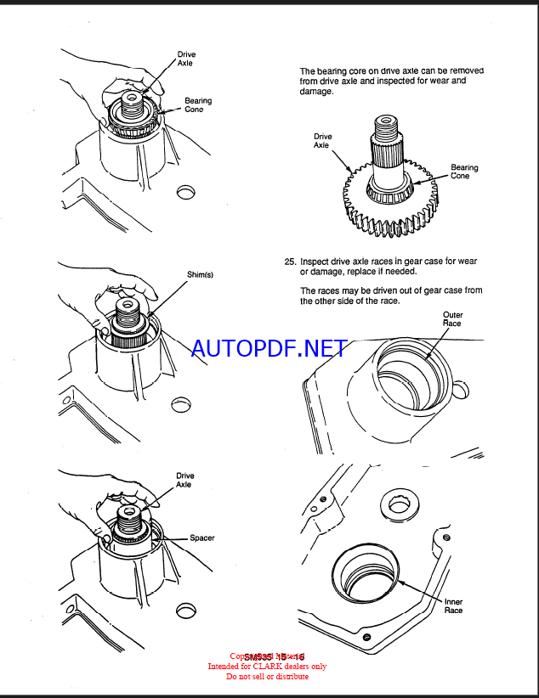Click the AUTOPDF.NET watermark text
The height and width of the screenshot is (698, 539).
click(269, 348)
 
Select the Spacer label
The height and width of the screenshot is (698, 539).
click(202, 538)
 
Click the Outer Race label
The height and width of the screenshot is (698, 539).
click(452, 318)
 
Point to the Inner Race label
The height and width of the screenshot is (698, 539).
click(454, 605)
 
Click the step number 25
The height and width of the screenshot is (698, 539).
click(290, 262)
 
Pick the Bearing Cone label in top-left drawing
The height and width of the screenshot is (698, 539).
click(198, 104)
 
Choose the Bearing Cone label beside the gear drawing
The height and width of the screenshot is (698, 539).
click(464, 172)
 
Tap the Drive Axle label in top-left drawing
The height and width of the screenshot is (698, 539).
click(186, 59)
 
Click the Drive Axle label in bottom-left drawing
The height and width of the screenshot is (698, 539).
click(184, 480)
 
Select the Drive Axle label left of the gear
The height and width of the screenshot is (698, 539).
click(323, 140)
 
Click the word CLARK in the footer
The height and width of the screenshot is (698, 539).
click(270, 667)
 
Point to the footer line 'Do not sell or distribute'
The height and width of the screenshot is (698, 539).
click(267, 676)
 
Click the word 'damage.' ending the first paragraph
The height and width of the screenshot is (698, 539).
click(317, 91)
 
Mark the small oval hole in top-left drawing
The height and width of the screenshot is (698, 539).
click(184, 192)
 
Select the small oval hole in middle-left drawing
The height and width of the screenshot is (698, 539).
click(181, 404)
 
